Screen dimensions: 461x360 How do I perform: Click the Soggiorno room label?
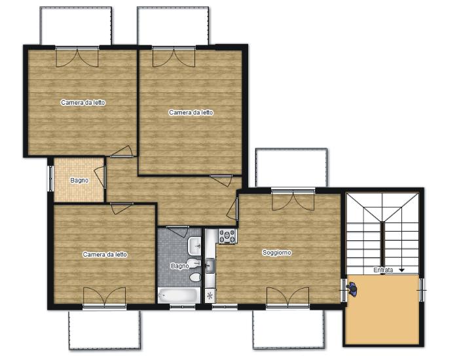(x=276, y=253)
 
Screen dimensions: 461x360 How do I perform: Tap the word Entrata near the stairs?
(x=383, y=270)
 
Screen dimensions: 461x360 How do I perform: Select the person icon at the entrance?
(x=352, y=289)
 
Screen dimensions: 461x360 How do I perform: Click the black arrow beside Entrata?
(x=401, y=270)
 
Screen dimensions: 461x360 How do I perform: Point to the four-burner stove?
(x=227, y=236)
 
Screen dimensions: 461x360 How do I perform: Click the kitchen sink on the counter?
(x=210, y=266)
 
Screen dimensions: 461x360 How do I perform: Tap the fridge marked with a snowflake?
(x=210, y=295)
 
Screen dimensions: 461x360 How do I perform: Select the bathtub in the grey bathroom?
(x=179, y=295)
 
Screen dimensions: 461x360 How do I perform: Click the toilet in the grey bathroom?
(x=195, y=277)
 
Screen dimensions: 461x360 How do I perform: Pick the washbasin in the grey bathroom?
(x=194, y=246)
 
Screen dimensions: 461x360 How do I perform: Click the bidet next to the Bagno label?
(x=194, y=263)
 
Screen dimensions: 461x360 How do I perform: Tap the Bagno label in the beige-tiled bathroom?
(x=79, y=180)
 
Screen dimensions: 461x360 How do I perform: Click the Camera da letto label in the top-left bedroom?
(x=83, y=103)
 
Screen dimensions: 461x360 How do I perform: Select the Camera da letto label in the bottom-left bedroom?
(x=105, y=254)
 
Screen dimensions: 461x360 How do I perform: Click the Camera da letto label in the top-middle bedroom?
(x=191, y=113)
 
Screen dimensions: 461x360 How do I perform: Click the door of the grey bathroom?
(x=177, y=231)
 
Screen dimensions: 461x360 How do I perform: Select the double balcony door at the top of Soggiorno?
(x=293, y=200)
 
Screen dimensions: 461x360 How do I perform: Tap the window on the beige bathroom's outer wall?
(x=51, y=179)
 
